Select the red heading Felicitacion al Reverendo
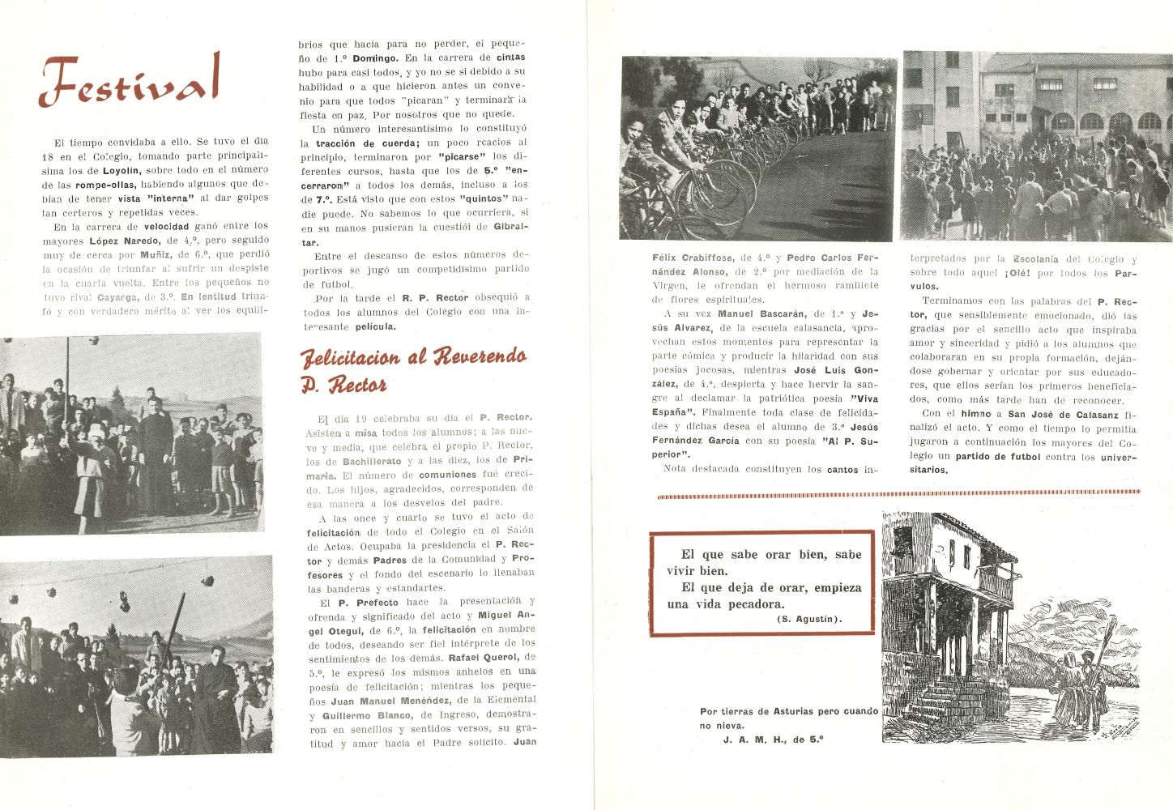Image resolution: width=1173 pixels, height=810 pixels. point(413,357)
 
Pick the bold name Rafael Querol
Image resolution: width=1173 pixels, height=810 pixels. point(483,658)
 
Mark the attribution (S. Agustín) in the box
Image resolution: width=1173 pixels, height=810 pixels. point(808,620)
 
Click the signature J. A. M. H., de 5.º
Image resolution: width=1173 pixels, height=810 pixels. point(774,739)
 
